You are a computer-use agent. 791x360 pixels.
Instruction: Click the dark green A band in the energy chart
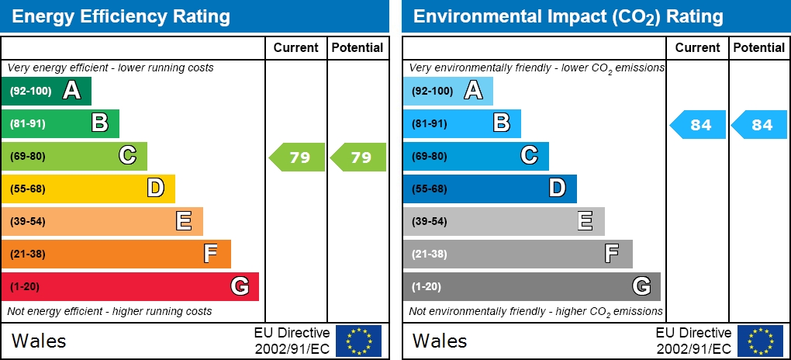47,91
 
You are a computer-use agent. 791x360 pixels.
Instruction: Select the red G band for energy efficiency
130,286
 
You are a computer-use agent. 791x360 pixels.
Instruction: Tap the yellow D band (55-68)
88,189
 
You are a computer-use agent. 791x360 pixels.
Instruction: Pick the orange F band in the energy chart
116,254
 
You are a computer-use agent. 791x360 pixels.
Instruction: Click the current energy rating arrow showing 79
297,157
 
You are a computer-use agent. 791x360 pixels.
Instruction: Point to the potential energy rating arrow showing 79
358,157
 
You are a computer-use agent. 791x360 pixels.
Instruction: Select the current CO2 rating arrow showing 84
698,125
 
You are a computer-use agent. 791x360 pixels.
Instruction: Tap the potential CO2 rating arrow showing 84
760,125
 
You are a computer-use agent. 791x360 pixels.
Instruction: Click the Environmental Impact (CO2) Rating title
568,16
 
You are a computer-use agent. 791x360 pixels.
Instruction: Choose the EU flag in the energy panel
358,341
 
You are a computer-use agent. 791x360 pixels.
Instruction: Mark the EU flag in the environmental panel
760,341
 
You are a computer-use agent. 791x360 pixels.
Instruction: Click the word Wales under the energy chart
39,341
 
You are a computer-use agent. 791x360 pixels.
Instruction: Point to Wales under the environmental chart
440,341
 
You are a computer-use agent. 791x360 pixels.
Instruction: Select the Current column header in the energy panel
295,47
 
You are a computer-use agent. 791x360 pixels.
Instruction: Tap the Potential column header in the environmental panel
759,47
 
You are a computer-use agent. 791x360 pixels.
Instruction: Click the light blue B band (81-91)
461,123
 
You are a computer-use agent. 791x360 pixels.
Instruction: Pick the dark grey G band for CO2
531,286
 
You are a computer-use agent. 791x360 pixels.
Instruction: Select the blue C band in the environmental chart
475,156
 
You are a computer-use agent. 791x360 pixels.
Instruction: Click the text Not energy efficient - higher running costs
109,311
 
